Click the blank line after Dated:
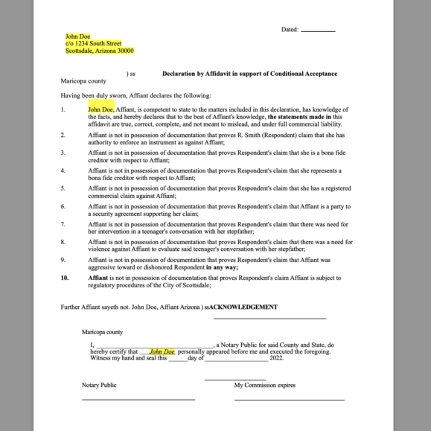tap(318, 31)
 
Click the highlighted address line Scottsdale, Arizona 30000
tap(100, 51)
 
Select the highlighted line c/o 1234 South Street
tap(93, 44)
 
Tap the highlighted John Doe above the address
tap(77, 36)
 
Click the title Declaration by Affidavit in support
tap(249, 74)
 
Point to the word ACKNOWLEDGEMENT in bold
tap(243, 307)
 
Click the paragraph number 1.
tap(63, 109)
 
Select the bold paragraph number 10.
tap(65, 278)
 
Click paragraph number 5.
tap(63, 188)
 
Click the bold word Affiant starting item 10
tap(98, 278)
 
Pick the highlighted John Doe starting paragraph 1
tap(100, 109)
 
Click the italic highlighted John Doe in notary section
tap(162, 351)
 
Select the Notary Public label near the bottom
tap(99, 386)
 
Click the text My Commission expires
tap(264, 386)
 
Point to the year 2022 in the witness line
tap(277, 358)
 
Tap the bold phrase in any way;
tap(223, 266)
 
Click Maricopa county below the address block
tap(83, 81)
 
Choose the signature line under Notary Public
tap(138, 400)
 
